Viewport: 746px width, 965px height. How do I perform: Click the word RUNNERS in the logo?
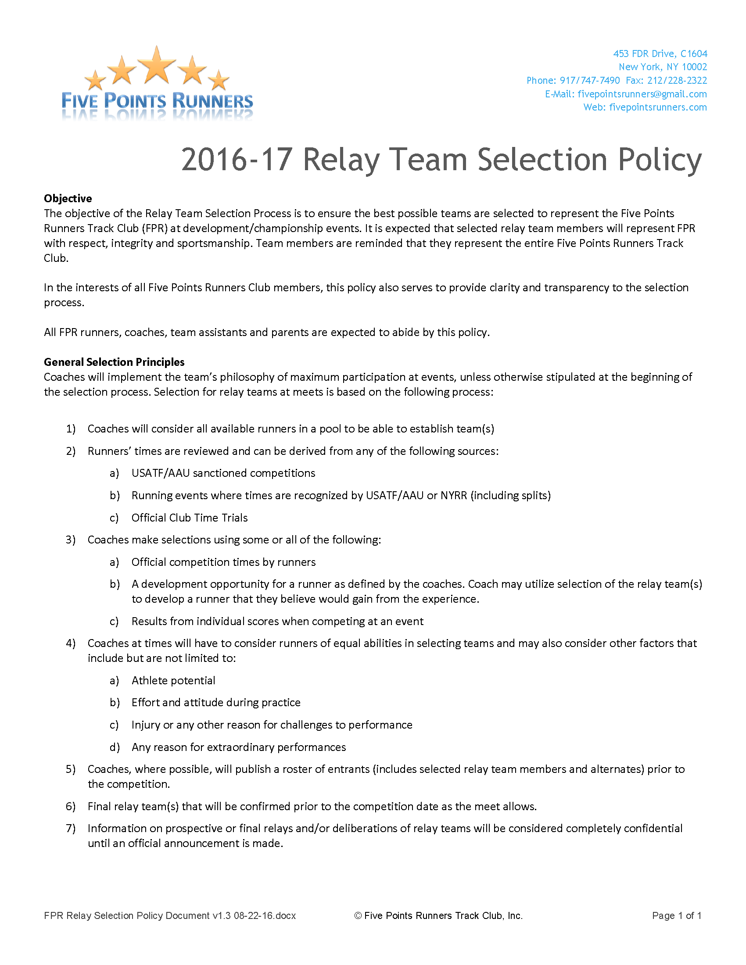coord(212,101)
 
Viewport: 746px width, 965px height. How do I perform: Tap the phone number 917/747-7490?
coord(589,80)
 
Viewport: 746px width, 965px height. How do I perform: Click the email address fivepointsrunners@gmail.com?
coord(642,94)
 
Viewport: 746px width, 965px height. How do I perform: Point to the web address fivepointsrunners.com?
coord(658,107)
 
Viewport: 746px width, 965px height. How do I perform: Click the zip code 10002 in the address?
coord(694,67)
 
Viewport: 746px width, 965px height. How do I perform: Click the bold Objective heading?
coord(68,198)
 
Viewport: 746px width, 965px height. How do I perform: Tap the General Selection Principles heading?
coord(114,362)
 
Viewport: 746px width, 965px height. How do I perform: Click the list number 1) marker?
coord(71,429)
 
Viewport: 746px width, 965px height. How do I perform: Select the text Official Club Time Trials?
coord(190,518)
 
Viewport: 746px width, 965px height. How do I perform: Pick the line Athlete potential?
coord(173,680)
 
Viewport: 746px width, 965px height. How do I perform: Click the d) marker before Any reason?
coord(115,747)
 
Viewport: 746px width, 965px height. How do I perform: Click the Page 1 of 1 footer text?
coord(677,915)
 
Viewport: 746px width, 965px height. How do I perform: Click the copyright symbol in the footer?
coord(358,916)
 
